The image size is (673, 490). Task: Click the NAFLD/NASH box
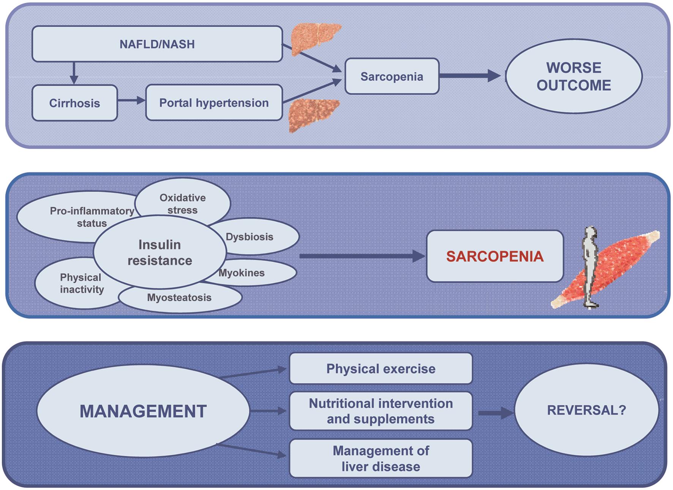coord(157,44)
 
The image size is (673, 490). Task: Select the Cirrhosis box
coord(74,103)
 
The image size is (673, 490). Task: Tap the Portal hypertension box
coord(214,103)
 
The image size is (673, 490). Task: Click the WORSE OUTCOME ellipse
coord(573,76)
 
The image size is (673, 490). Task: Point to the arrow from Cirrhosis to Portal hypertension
coord(131,100)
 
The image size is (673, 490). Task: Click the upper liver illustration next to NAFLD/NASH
coord(314,38)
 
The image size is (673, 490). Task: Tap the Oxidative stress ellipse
coord(183,203)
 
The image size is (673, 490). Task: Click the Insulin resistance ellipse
coord(160,252)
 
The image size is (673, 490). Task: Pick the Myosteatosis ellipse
coord(179,298)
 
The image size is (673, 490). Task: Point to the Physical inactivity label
coord(81,283)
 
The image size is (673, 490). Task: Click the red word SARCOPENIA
coord(494,256)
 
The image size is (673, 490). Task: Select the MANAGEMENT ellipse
coord(143,411)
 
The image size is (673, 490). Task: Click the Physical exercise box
coord(381,368)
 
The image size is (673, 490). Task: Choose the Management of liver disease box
coord(381,458)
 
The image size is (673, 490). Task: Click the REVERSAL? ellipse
coord(586,410)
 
